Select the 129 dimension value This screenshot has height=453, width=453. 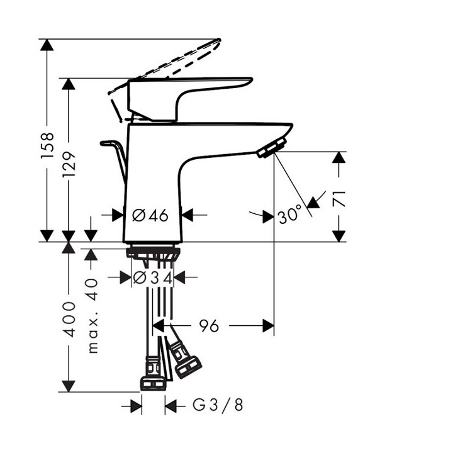tap(69, 165)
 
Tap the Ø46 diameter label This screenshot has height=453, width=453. tap(150, 215)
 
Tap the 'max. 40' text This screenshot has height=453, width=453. tap(92, 316)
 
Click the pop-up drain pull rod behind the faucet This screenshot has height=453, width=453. tap(113, 154)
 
